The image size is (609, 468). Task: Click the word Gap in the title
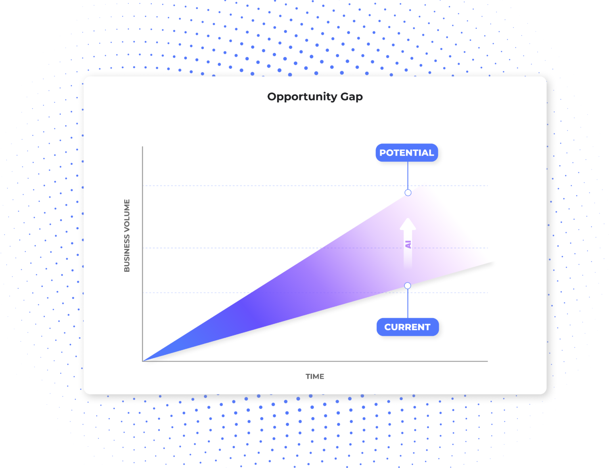(352, 97)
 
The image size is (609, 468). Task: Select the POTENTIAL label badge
(407, 153)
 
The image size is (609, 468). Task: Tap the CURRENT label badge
(407, 327)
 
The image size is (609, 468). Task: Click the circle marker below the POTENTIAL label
(408, 193)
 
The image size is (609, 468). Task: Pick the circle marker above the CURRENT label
(408, 286)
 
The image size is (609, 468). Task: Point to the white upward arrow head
(408, 224)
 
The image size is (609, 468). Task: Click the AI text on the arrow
(408, 244)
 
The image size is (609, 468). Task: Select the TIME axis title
(315, 376)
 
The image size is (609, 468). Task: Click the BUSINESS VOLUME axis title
(127, 235)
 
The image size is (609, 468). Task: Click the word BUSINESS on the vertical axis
(127, 254)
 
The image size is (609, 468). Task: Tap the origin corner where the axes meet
(143, 361)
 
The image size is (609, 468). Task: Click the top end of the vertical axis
(142, 147)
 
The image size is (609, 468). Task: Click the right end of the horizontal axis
(487, 361)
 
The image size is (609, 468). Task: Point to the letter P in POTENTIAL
(383, 153)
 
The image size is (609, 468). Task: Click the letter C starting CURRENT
(388, 327)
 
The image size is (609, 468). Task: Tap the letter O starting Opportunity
(272, 96)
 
